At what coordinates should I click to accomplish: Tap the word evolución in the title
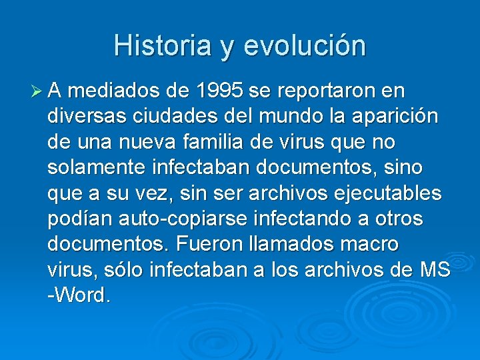[x=305, y=45]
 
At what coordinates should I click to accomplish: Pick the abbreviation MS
[x=435, y=270]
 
